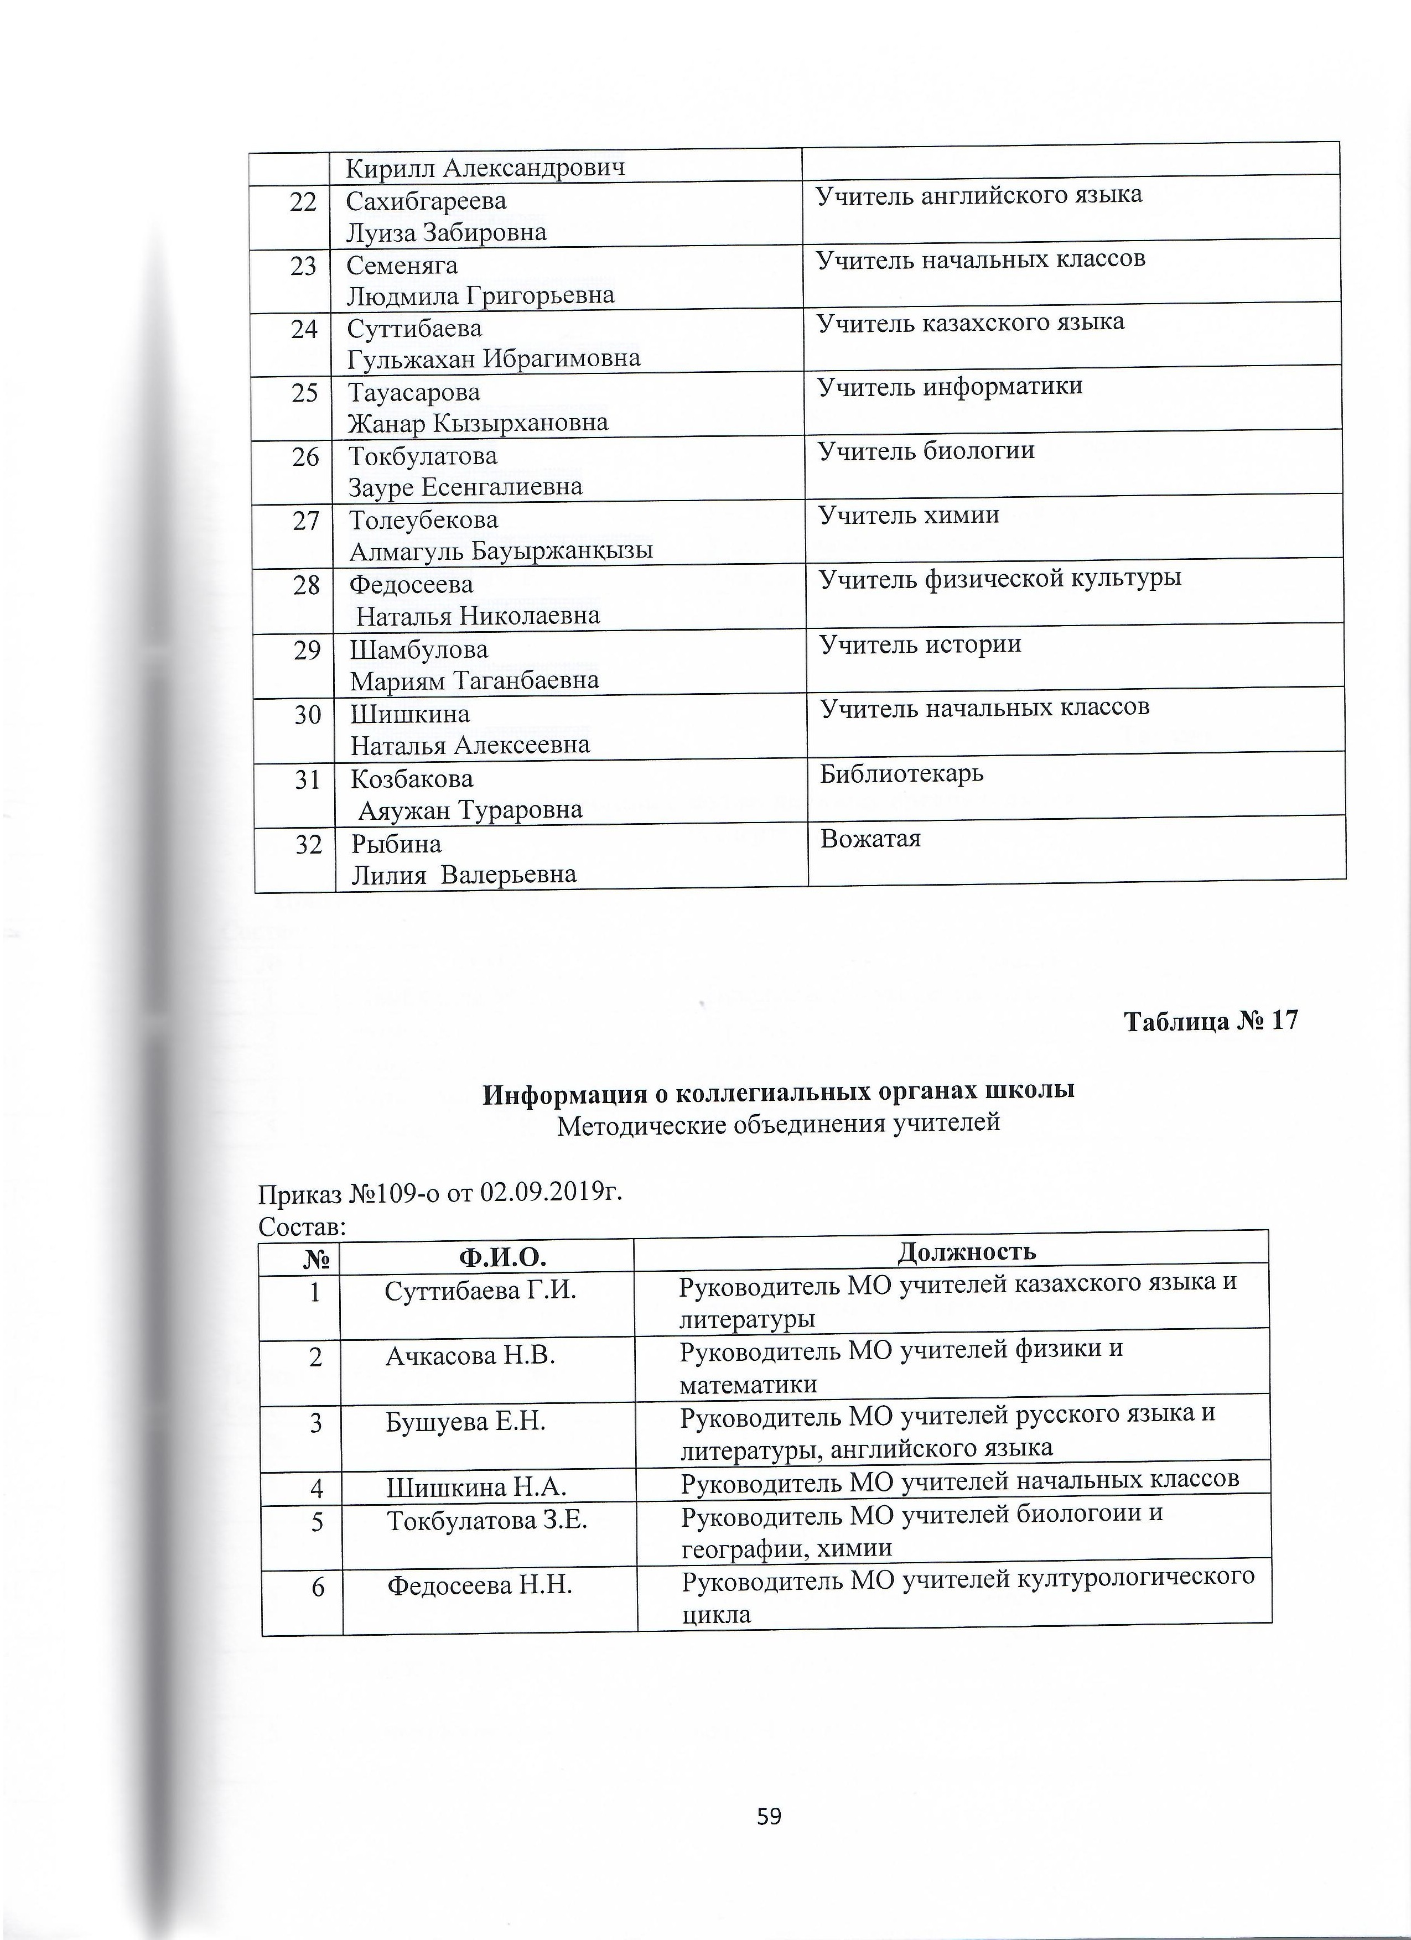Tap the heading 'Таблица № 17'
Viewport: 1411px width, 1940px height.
pos(1210,1021)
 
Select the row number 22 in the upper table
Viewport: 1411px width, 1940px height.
pos(303,202)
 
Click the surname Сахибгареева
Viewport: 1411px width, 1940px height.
pos(426,201)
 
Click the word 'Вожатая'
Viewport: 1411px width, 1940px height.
pos(870,838)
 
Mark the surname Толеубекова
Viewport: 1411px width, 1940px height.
pos(423,520)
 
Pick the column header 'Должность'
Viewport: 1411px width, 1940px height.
pos(966,1251)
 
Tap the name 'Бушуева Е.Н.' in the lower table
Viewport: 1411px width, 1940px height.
pos(465,1422)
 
